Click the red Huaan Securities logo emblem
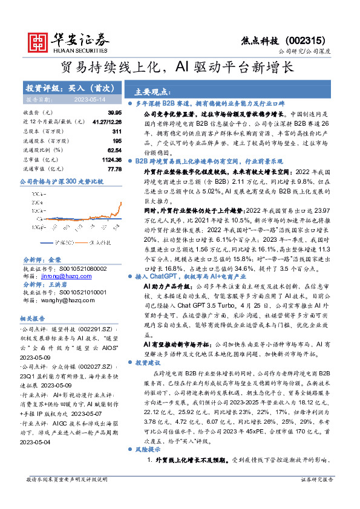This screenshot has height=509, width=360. (x=39, y=41)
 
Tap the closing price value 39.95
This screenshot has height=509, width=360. (x=114, y=113)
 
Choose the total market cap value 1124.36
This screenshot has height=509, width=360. (x=111, y=160)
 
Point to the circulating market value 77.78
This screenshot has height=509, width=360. (x=114, y=169)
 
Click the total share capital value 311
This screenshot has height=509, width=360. (x=117, y=131)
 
